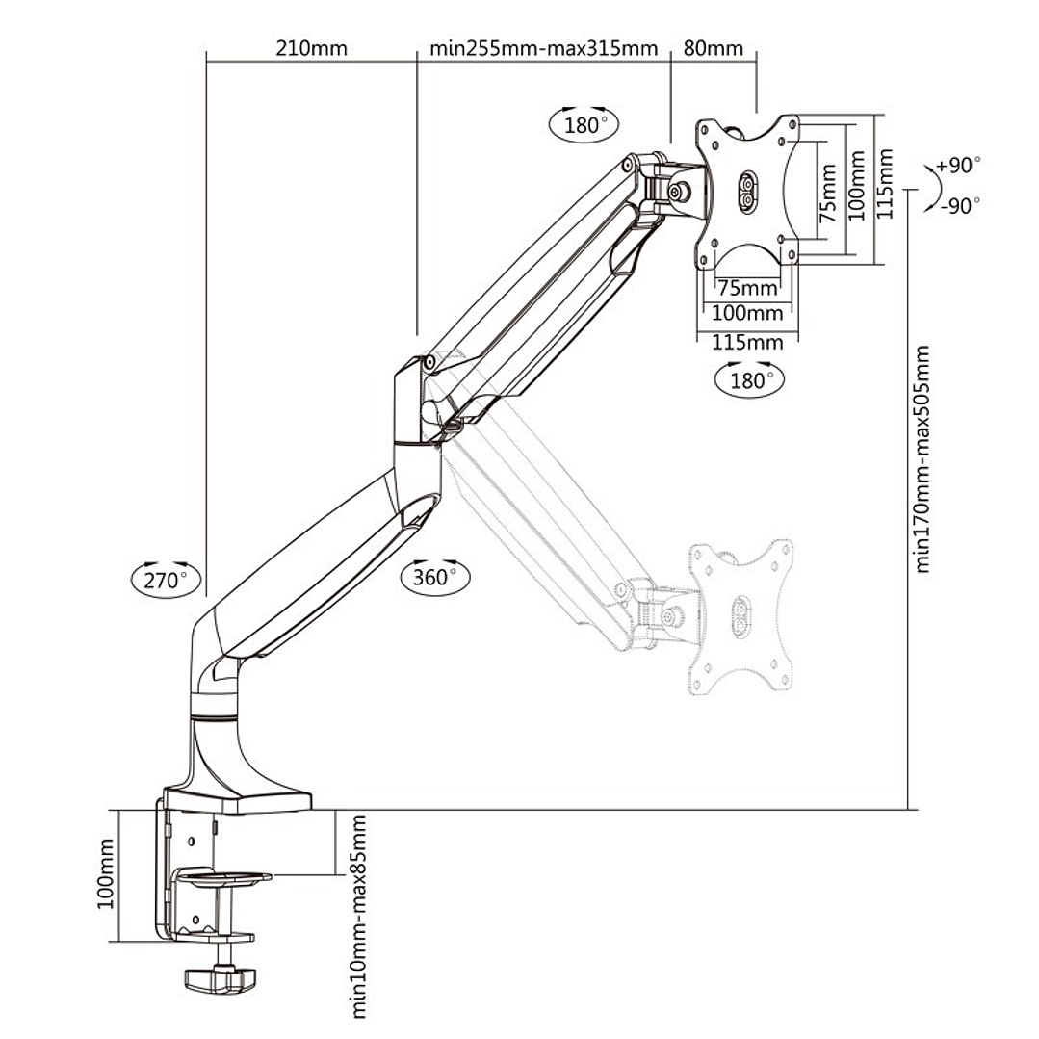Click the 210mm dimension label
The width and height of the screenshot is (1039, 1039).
pyautogui.click(x=311, y=48)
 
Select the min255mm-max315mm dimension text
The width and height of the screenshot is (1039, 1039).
pyautogui.click(x=543, y=48)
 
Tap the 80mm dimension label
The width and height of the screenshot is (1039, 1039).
pyautogui.click(x=713, y=48)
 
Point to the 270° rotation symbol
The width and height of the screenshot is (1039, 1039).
pyautogui.click(x=166, y=579)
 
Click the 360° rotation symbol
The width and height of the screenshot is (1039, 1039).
pyautogui.click(x=435, y=577)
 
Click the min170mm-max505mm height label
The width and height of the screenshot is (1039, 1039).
pyautogui.click(x=923, y=458)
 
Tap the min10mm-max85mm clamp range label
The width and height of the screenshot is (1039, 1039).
pyautogui.click(x=358, y=915)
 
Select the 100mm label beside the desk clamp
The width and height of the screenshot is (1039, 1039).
pyautogui.click(x=106, y=873)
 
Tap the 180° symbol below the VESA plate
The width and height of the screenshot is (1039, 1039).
pyautogui.click(x=748, y=379)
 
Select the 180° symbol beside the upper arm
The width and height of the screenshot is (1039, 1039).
pyautogui.click(x=583, y=124)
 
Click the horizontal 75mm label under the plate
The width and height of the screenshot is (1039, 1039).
pyautogui.click(x=747, y=288)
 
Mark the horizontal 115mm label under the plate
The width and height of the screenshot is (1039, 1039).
pyautogui.click(x=747, y=342)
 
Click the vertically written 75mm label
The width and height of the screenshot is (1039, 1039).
pyautogui.click(x=827, y=194)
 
